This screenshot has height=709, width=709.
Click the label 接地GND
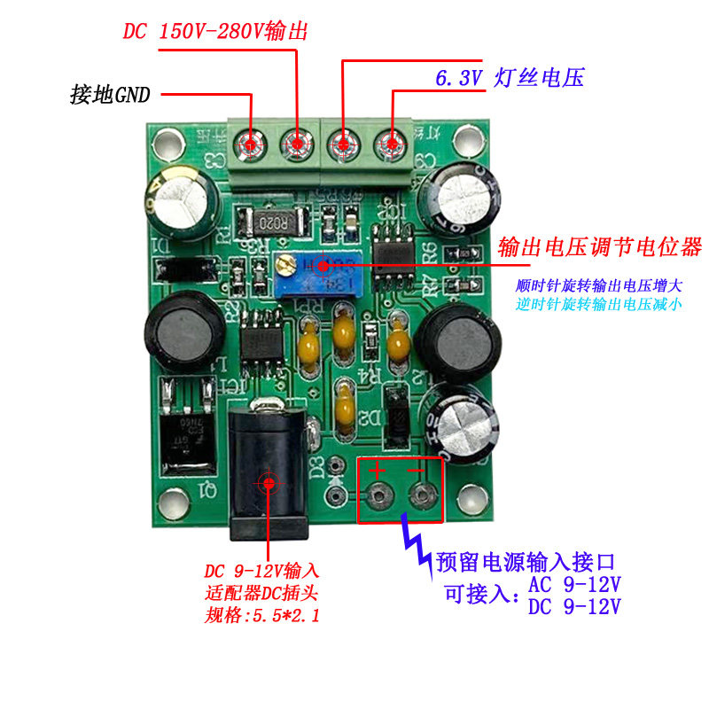(x=111, y=94)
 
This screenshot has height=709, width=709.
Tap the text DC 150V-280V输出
(x=214, y=31)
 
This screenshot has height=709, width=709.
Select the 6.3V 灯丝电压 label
(x=510, y=78)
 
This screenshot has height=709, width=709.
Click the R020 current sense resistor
(x=275, y=220)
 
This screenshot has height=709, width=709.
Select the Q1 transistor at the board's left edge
(x=186, y=425)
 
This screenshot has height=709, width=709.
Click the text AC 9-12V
(x=574, y=586)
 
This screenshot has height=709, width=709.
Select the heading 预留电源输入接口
(x=525, y=562)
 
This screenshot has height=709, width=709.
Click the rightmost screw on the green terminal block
(x=389, y=142)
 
